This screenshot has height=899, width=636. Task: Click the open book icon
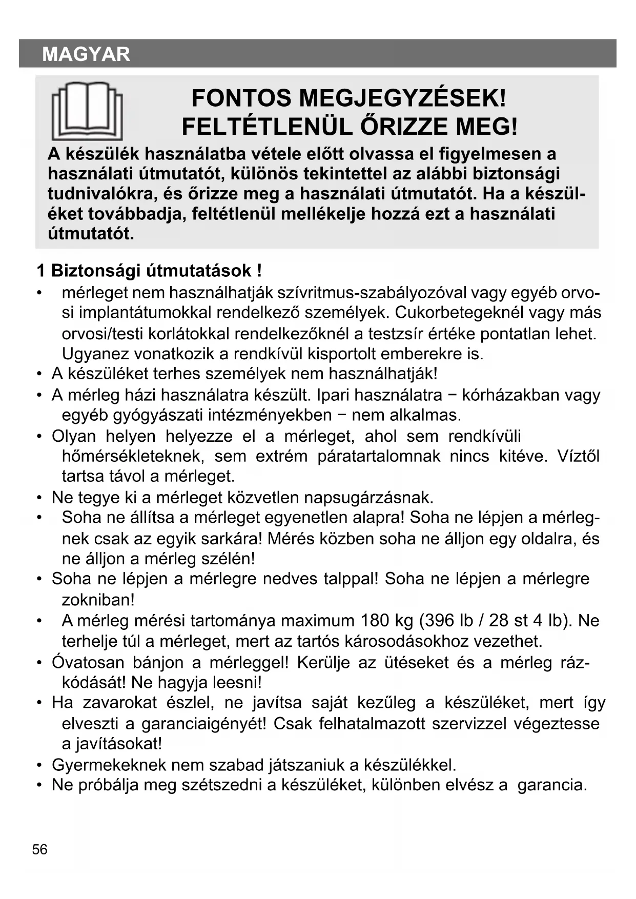pos(87,111)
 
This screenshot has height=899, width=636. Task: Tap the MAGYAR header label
pos(86,54)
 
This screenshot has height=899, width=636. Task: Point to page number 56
pos(39,850)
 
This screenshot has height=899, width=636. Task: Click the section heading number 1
pos(41,271)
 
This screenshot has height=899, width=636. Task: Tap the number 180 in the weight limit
pos(375,621)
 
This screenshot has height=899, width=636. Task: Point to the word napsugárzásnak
pos(368,498)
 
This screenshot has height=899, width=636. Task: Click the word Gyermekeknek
pos(109,765)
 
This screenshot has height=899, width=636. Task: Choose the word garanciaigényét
pos(203,724)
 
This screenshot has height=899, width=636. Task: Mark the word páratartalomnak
pos(379,456)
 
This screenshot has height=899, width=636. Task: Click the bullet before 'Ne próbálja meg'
pos(39,785)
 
